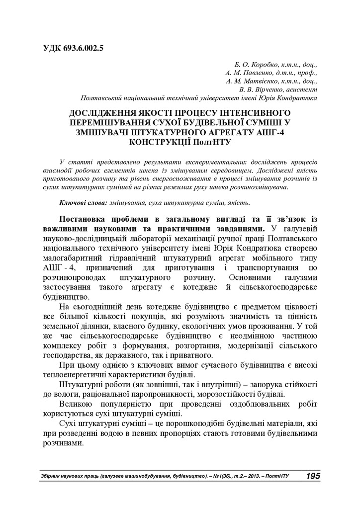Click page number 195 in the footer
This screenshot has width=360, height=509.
(x=313, y=476)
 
